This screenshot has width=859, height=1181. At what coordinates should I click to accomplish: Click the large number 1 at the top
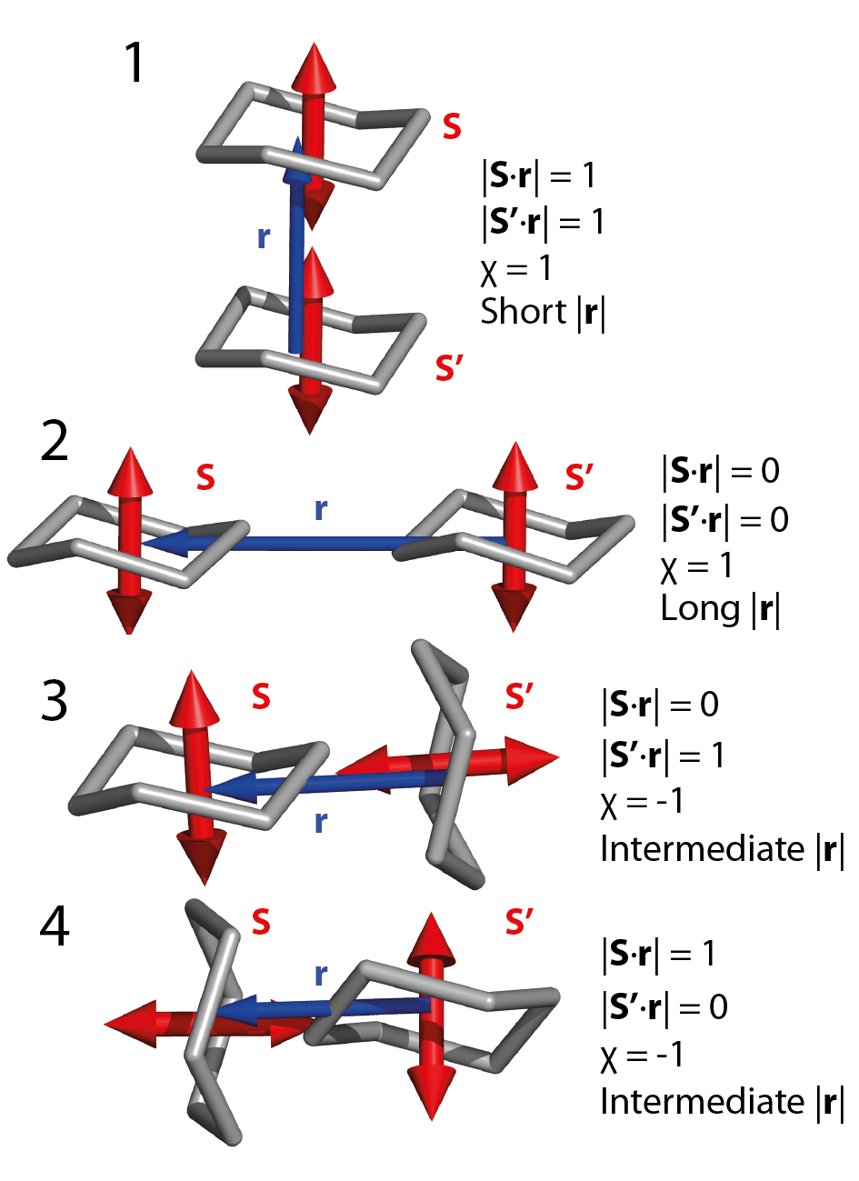point(134,63)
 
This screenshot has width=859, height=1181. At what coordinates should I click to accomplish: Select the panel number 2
point(55,442)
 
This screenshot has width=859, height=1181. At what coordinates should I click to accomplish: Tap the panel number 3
point(55,700)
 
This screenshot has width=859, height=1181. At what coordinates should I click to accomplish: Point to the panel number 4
point(55,926)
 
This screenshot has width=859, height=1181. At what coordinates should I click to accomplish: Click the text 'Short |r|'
point(543,312)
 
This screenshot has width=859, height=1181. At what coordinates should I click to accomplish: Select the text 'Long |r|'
point(721,608)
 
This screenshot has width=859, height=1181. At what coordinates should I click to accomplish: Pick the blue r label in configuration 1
point(264,237)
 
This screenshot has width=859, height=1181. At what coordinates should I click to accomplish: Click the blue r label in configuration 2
point(320,509)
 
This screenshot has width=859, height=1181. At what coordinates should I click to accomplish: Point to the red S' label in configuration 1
point(450,368)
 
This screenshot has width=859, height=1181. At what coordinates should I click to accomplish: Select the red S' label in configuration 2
point(580,476)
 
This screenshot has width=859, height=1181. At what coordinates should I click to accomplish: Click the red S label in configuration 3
point(261,696)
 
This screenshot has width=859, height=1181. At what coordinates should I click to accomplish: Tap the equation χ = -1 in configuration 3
point(643,802)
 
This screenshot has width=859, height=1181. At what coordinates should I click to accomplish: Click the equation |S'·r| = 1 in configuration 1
point(543,222)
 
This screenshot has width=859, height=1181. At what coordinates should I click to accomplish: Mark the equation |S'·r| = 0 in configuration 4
point(664,1006)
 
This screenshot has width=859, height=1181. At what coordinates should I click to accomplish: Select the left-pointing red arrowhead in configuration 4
point(127,1024)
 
